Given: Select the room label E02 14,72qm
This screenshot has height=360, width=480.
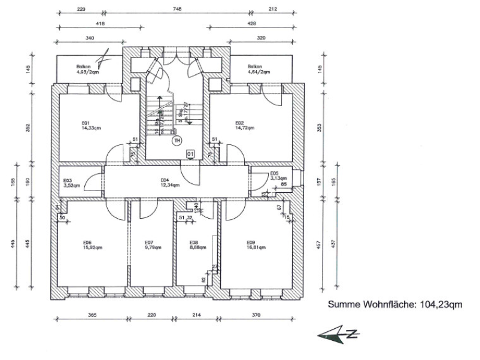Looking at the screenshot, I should click(245, 126).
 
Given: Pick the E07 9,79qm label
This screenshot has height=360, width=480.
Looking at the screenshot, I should click(150, 246).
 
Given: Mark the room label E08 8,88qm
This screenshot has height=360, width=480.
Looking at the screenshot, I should click(191, 246).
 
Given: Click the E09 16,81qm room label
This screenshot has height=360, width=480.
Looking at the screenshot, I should click(256, 246).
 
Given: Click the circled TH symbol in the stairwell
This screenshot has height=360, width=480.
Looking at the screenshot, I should click(176, 141).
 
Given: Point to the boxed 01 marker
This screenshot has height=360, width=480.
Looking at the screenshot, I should click(190, 153).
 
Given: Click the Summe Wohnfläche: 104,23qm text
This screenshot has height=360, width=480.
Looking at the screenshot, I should click(395, 305).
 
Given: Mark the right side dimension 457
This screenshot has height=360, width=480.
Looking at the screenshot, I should click(319, 246).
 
